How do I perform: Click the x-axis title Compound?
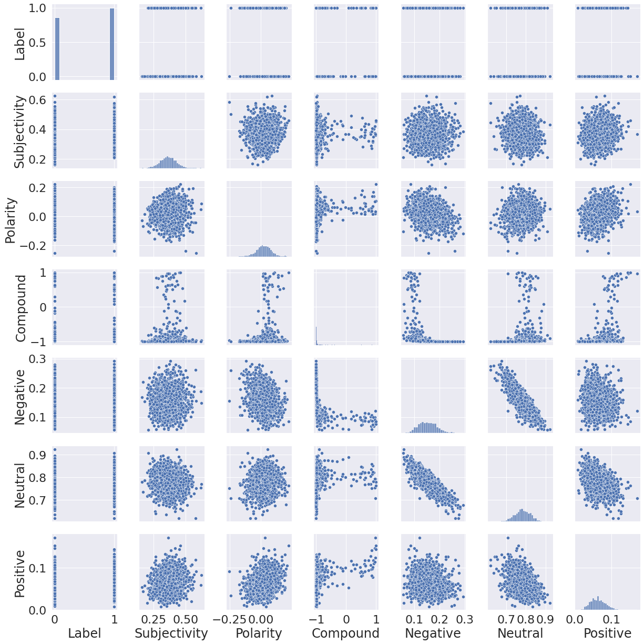tap(345, 633)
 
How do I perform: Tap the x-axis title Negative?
tap(433, 633)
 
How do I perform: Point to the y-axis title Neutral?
tap(19, 485)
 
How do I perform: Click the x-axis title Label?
tap(84, 633)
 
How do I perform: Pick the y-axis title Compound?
tap(19, 307)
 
